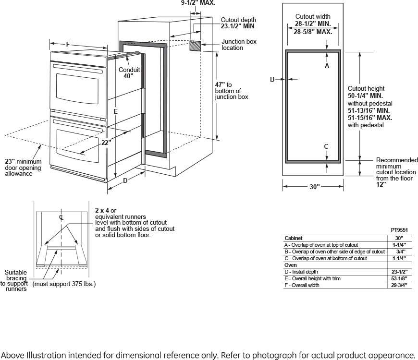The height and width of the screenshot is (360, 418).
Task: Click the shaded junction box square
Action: (195, 46)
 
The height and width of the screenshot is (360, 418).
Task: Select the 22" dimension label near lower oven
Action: (106, 142)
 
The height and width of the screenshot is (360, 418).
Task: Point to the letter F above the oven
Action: (68, 45)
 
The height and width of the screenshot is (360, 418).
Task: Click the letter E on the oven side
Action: (116, 111)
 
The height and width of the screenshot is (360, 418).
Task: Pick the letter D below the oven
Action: (125, 181)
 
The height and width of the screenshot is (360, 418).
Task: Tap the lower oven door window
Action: (77, 144)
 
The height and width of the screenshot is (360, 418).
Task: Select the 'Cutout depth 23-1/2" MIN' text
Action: (238, 23)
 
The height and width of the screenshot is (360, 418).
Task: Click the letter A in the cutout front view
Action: (327, 66)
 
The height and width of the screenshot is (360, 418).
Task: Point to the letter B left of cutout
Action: (271, 79)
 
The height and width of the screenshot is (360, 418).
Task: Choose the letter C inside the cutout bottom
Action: (326, 146)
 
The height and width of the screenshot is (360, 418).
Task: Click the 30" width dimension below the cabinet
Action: (314, 187)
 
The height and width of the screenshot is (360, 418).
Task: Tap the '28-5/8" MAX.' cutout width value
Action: (313, 32)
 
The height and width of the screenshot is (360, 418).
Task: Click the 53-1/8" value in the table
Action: (399, 278)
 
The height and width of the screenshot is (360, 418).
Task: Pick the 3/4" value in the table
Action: (399, 252)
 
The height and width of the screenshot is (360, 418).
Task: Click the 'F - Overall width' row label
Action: (302, 286)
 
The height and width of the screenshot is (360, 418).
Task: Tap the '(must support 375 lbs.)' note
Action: (63, 284)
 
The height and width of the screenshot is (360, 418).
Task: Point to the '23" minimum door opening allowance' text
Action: (23, 168)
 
